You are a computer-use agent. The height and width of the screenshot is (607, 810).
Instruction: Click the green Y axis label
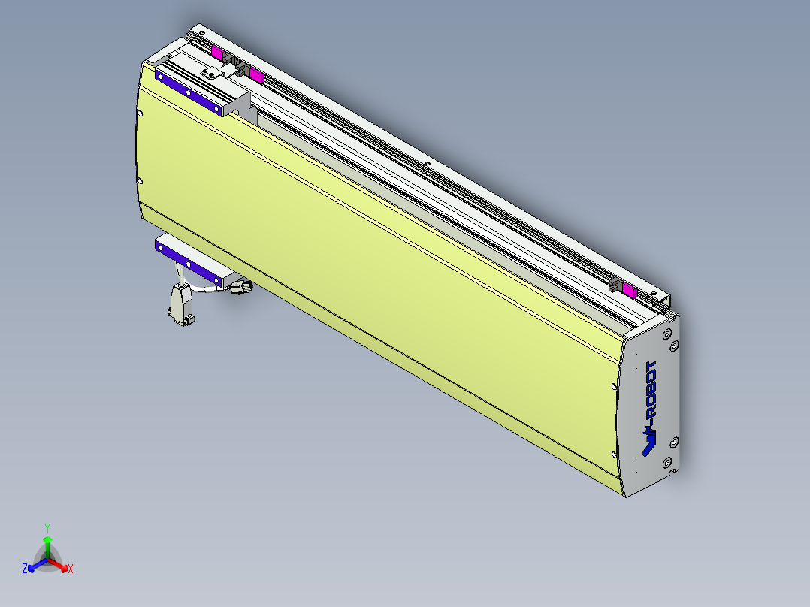coord(47,528)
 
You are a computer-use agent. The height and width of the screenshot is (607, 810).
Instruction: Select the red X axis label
coord(71,569)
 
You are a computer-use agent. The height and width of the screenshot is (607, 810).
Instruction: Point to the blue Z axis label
coord(25,569)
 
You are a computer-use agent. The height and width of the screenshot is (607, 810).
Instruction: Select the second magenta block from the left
coord(255,74)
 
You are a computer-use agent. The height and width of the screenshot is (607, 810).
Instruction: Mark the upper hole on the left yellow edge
coord(141,113)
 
